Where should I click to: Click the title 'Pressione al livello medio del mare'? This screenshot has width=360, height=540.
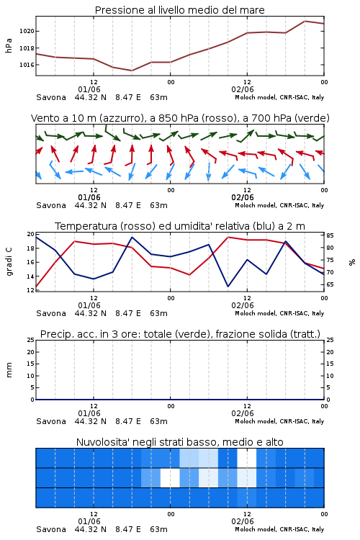[179, 10]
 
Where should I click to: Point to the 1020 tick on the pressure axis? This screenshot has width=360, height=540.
[27, 32]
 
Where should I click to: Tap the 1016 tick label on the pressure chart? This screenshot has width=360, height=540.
[27, 65]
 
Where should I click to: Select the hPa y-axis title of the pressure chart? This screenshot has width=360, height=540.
[9, 45]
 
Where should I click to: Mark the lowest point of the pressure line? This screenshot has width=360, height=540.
[132, 71]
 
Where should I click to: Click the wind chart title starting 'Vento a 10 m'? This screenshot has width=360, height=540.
[180, 118]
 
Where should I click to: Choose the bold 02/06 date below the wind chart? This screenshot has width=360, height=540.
[243, 198]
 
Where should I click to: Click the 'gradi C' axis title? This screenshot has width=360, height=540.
[9, 262]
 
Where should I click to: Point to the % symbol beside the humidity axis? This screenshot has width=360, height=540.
[352, 262]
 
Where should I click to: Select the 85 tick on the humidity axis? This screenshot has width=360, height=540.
[330, 235]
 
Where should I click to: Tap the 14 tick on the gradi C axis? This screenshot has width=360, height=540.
[31, 276]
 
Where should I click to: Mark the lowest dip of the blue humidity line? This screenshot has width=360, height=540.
[228, 286]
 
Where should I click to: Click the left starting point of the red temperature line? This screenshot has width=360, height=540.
[36, 287]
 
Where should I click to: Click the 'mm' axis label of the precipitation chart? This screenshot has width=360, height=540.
[9, 370]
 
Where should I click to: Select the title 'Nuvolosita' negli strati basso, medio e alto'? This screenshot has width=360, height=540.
[179, 442]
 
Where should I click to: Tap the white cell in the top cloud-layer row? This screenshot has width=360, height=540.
[247, 458]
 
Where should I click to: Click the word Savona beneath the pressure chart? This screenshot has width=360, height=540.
[51, 97]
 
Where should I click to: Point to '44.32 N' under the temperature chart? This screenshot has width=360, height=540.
[90, 313]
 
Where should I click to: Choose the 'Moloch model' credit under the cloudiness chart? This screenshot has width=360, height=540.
[256, 529]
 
